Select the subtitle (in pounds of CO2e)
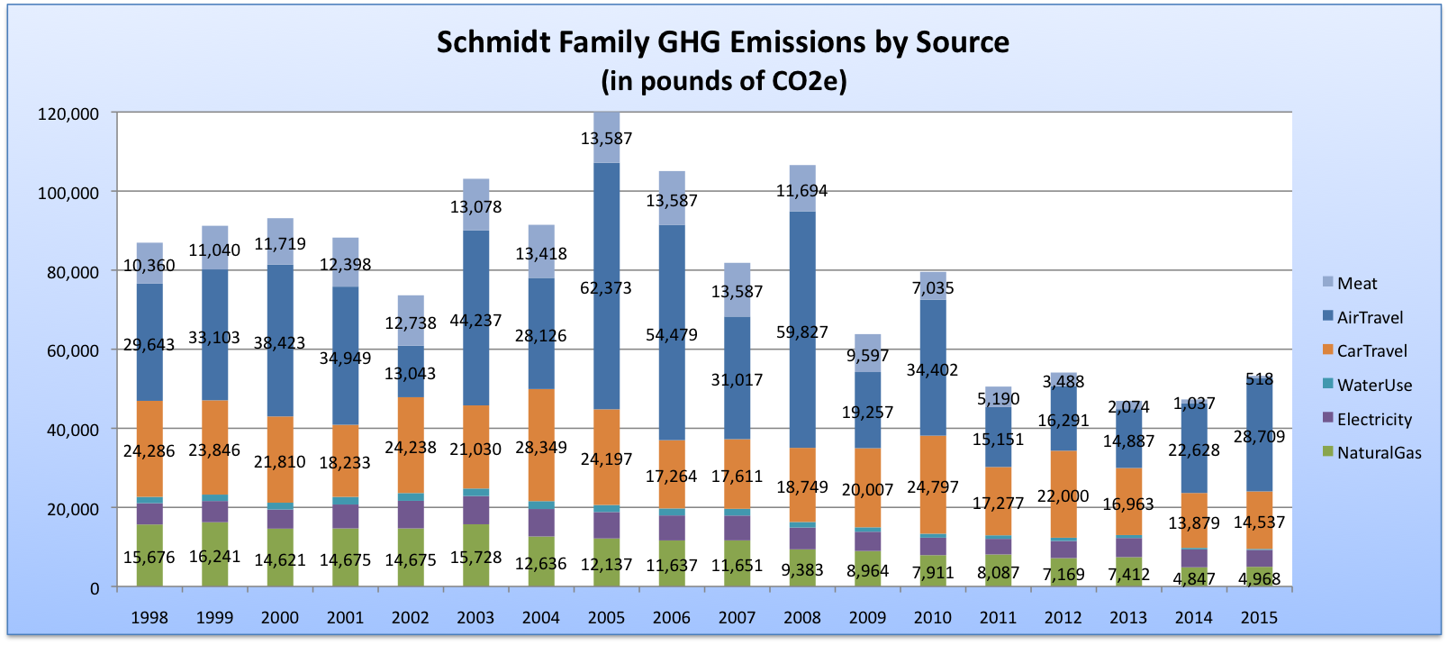723,81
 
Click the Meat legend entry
1356,284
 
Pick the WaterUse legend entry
1373,386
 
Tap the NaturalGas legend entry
1378,453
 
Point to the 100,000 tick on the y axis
68,193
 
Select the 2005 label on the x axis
606,618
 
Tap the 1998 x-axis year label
149,618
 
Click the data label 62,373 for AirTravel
606,288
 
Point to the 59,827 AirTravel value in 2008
801,332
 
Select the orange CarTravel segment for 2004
540,423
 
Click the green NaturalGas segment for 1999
214,541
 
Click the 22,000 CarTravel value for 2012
1063,496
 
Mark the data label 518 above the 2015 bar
1259,379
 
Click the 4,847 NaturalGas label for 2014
1194,578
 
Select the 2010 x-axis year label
932,618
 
